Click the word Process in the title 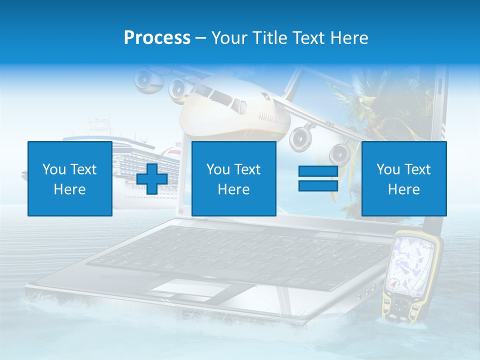point(157,38)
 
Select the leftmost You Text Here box point(70,178)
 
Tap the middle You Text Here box point(233,178)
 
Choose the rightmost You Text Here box point(403,178)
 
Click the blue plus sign point(152,179)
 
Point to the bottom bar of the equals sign point(318,185)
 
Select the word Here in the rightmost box point(403,189)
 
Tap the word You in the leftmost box point(53,169)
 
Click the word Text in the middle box point(247,169)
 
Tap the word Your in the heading point(230,38)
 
